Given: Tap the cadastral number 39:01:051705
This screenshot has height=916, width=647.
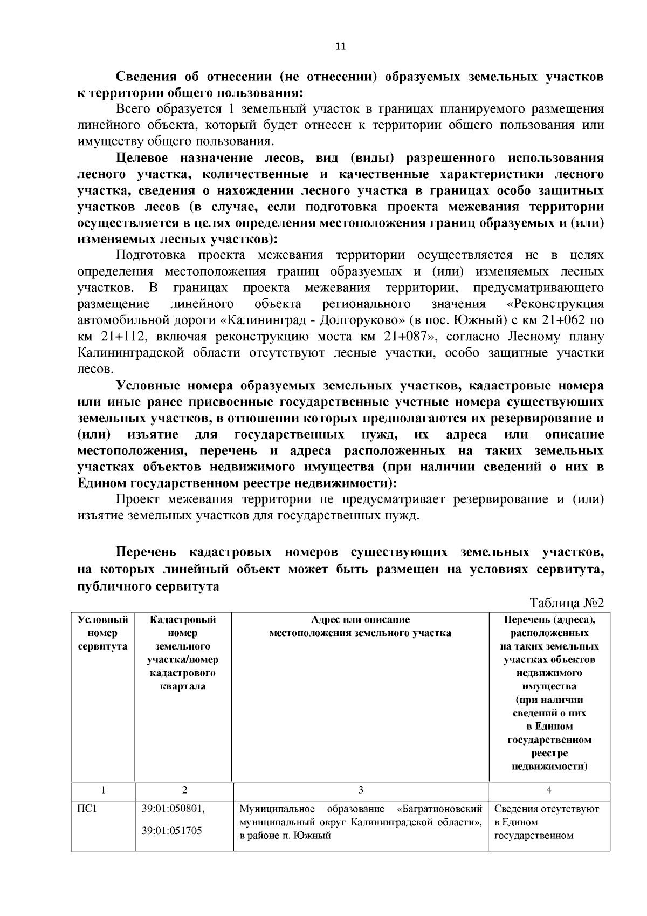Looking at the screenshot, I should point(172,831).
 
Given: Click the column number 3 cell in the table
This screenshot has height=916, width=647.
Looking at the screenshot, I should point(360,790).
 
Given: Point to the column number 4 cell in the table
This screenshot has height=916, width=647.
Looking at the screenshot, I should point(548,790).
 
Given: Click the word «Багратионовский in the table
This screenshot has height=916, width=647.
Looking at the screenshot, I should point(439,809).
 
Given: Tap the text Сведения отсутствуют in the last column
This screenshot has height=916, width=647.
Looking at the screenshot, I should point(546,809).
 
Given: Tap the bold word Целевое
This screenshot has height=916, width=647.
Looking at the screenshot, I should point(142,158).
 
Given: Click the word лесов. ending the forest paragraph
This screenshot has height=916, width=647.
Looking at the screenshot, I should point(95,370).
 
